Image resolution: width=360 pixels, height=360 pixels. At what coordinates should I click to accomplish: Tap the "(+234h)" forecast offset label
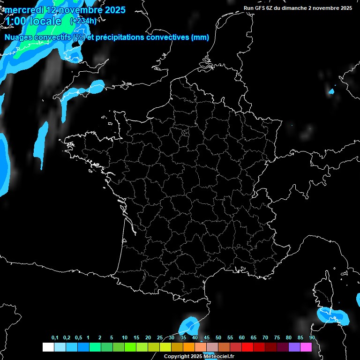coord(83,21)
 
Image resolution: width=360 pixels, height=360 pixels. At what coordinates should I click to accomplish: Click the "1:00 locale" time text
coord(32,21)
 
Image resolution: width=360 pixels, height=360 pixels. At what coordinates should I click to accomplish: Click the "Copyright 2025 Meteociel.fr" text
coord(199,356)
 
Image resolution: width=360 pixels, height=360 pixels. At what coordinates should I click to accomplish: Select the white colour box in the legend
coord(48,347)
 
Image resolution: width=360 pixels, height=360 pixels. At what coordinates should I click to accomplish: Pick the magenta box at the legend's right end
coord(306,347)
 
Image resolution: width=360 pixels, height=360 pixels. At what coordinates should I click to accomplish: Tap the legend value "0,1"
coord(55,338)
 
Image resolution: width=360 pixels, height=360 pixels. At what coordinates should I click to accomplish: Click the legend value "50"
coord(218,338)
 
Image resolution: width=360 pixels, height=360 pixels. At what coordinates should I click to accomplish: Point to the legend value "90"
coord(312,338)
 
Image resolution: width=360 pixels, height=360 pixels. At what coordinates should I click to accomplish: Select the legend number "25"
coord(160,338)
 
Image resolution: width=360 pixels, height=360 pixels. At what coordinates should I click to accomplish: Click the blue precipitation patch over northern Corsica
coord(333,315)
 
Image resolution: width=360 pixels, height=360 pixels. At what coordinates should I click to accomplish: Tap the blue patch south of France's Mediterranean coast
coord(189,324)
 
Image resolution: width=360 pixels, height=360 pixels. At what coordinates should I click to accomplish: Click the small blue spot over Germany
coord(331,91)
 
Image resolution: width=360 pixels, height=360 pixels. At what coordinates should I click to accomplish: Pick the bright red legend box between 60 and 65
coord(247,347)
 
